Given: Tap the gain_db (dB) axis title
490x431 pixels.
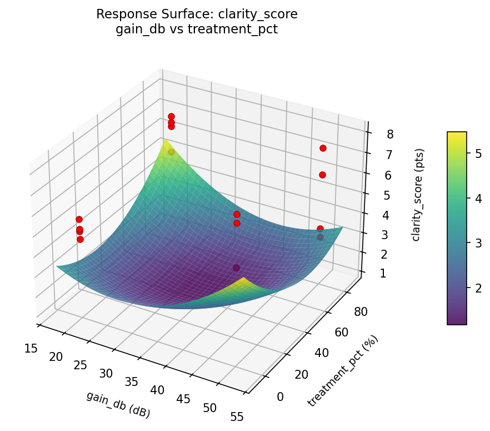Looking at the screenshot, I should pos(118,404).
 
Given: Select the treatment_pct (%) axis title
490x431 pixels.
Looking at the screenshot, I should pos(343,371).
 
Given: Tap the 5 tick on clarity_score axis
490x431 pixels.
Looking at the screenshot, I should pos(388,195).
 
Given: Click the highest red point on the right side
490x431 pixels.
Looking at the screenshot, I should pos(323,148).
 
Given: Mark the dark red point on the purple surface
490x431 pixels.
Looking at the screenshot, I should pos(237,267).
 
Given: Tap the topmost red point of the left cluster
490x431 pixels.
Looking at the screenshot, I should pos(79,219).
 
